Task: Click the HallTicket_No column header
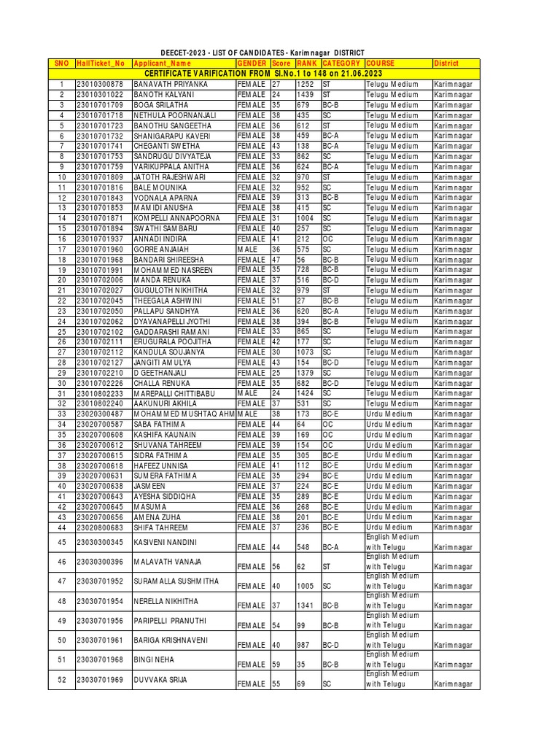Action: tap(101, 64)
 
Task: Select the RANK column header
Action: tap(306, 64)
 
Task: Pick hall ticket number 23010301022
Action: tap(101, 95)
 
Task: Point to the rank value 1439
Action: tap(305, 95)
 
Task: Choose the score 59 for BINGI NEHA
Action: tap(276, 665)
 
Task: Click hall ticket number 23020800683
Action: tap(101, 527)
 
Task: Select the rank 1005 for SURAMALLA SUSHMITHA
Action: tap(306, 586)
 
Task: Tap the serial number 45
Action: tap(62, 542)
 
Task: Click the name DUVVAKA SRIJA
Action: tap(160, 680)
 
